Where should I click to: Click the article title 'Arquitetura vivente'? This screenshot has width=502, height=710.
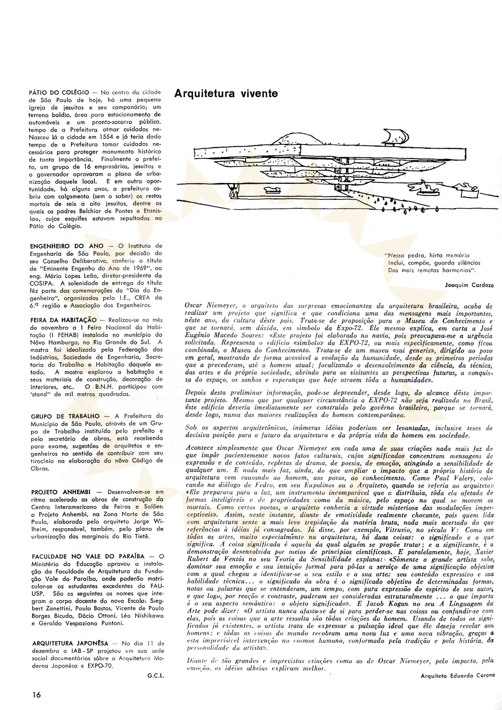(x=226, y=94)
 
